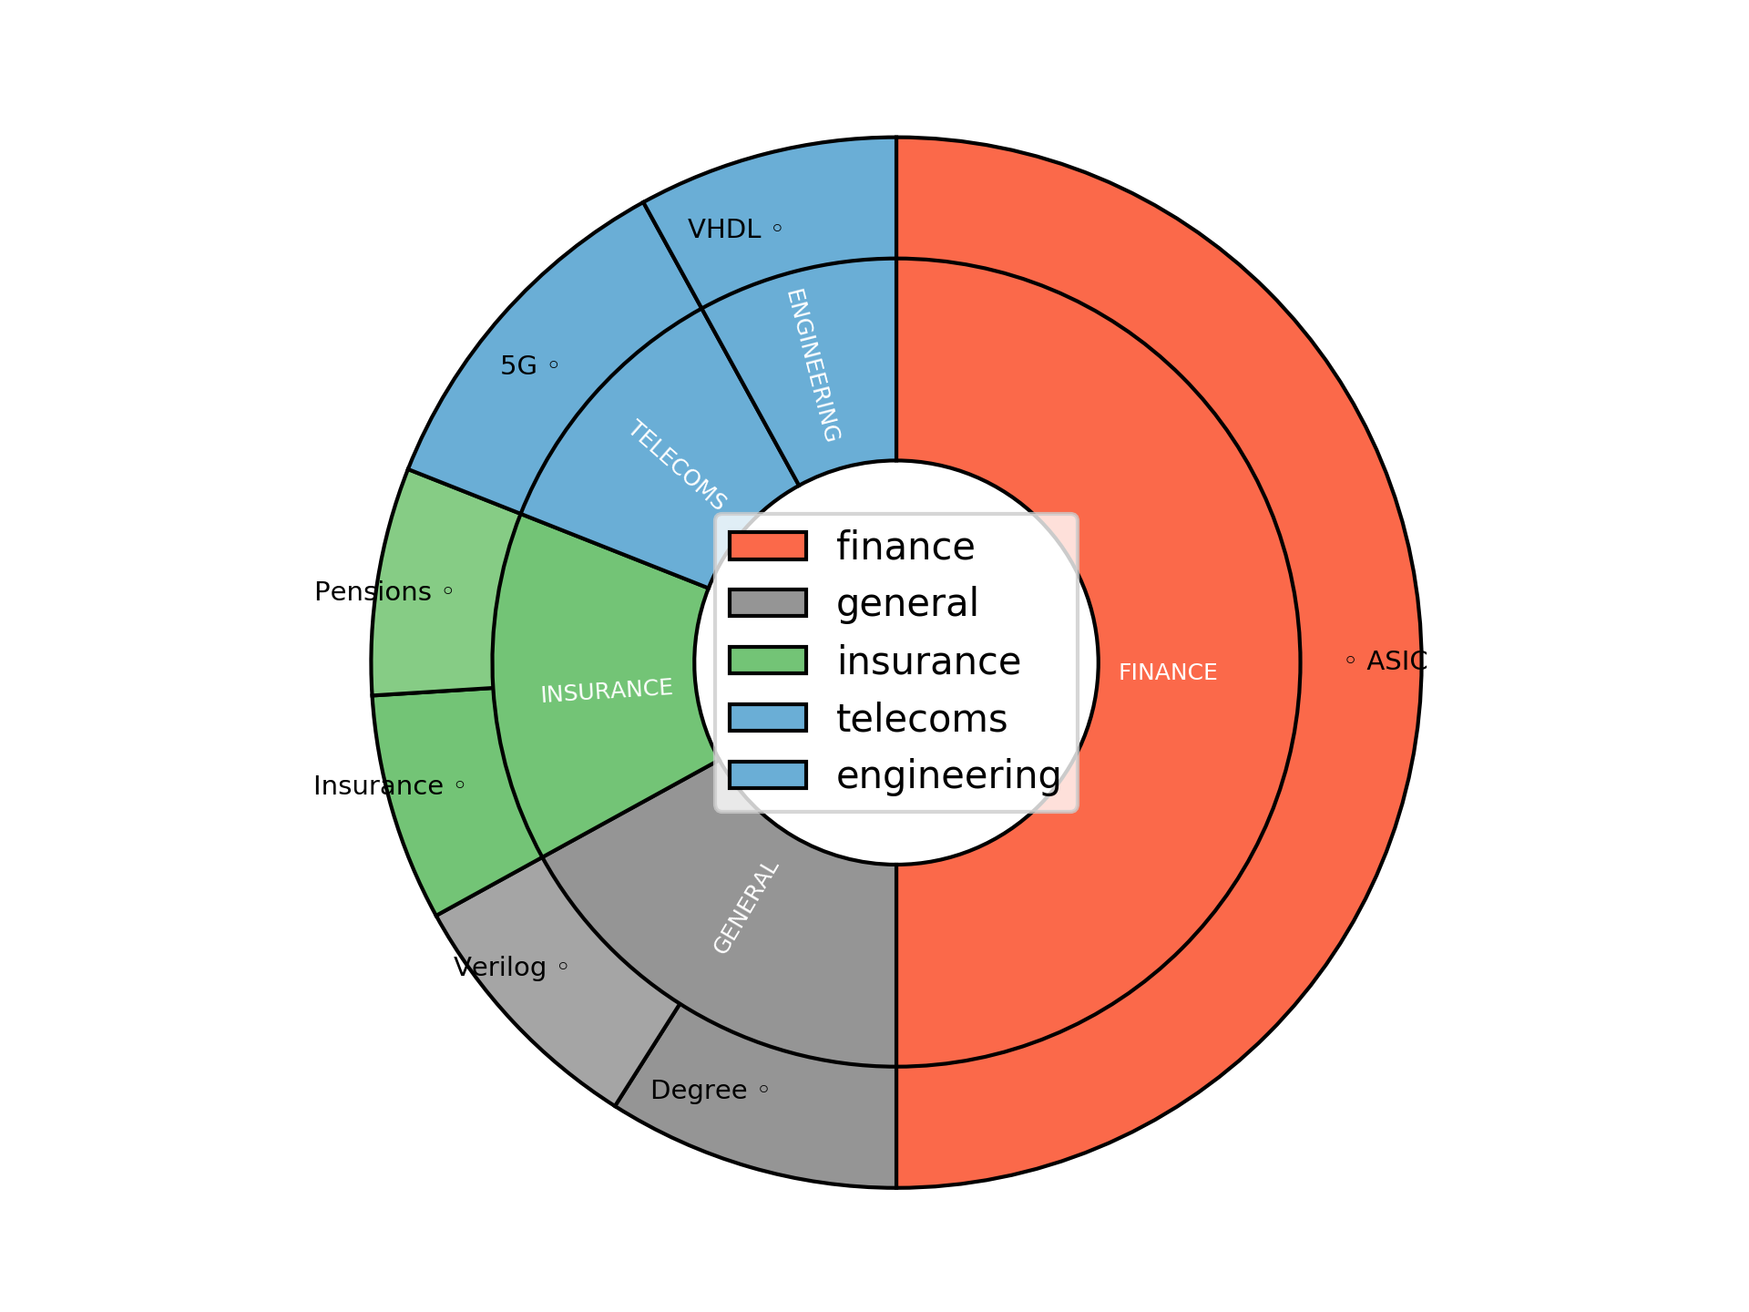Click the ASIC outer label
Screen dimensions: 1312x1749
click(x=1396, y=661)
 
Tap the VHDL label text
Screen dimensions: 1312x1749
click(x=723, y=229)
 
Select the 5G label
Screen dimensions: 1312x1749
click(x=518, y=365)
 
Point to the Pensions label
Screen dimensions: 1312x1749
click(x=373, y=591)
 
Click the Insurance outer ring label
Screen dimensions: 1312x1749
click(x=378, y=785)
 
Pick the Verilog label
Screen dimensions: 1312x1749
click(x=499, y=967)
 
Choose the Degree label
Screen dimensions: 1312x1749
click(x=699, y=1090)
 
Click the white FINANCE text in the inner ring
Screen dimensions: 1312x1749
click(x=1167, y=671)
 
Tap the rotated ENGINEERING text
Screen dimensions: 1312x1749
click(x=813, y=365)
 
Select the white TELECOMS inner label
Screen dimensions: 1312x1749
click(x=677, y=465)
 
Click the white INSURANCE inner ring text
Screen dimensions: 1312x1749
click(x=607, y=691)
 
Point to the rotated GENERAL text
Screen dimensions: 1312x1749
click(x=746, y=907)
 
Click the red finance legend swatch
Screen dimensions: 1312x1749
click(x=767, y=546)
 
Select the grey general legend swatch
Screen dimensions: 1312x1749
click(x=767, y=602)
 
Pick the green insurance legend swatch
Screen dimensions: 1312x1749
click(x=767, y=660)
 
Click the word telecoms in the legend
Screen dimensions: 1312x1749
click(x=921, y=718)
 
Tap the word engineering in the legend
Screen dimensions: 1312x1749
click(x=948, y=774)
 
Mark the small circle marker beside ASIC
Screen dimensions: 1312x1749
click(x=1350, y=660)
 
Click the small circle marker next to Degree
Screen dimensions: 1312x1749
click(x=763, y=1089)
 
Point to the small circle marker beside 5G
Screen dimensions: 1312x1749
click(x=553, y=365)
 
